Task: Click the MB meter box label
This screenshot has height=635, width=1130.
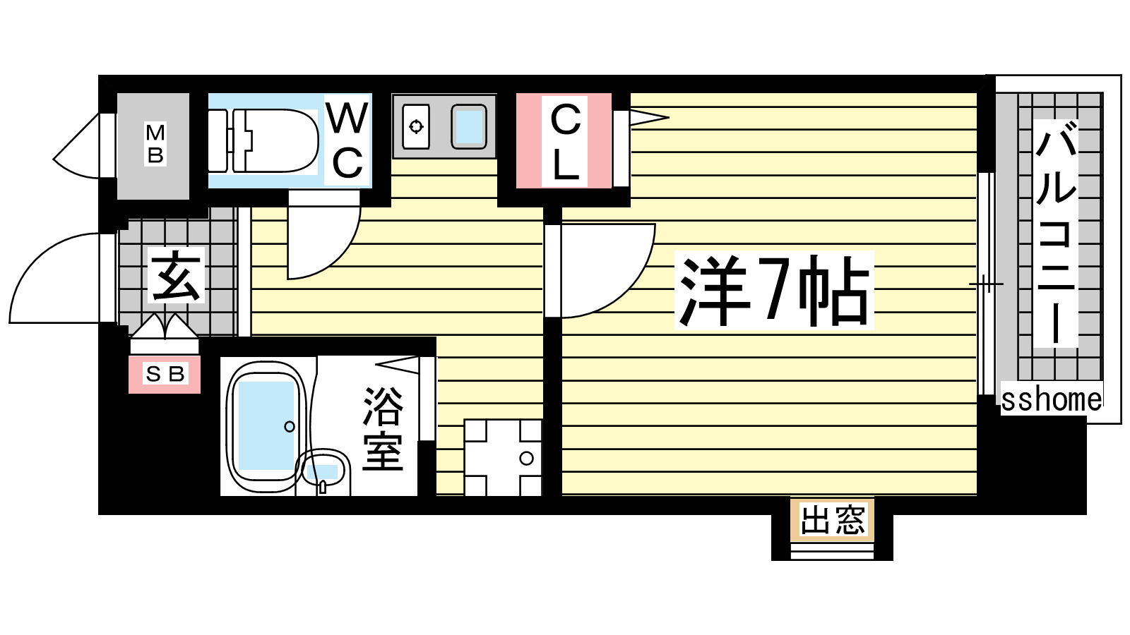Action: click(155, 145)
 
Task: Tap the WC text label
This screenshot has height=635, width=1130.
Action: click(347, 140)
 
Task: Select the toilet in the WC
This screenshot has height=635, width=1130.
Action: click(263, 141)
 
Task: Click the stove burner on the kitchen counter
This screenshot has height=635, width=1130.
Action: click(416, 126)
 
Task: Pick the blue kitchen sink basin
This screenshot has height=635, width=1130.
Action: click(469, 126)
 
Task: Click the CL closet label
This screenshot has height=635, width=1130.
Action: click(564, 142)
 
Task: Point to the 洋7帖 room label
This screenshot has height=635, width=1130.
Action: click(774, 291)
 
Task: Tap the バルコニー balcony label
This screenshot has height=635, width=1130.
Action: click(1055, 234)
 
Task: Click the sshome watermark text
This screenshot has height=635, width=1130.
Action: click(1052, 400)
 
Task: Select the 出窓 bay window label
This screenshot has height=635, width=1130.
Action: click(833, 519)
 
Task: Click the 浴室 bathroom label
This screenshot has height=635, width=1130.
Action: click(383, 429)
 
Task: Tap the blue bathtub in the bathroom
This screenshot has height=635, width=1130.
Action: click(266, 426)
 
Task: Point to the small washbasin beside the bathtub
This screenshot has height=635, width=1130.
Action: click(323, 471)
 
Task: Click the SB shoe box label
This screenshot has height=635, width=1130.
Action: click(165, 375)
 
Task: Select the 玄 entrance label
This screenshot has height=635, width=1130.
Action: click(177, 275)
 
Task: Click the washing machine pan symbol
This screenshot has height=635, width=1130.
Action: click(502, 458)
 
